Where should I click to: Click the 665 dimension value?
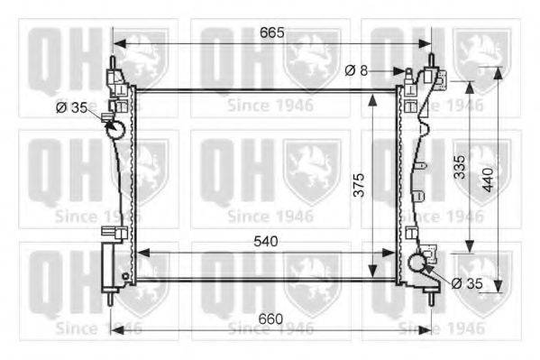[x=272, y=32]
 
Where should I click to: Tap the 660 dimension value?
[x=270, y=319]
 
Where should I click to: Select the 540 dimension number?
[x=266, y=242]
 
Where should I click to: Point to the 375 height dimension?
[x=359, y=185]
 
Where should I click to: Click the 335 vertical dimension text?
[x=460, y=167]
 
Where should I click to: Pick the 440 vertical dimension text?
[x=488, y=180]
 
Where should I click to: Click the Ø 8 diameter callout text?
[x=356, y=70]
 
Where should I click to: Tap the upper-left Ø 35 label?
[x=71, y=107]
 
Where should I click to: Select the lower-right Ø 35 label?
[x=467, y=283]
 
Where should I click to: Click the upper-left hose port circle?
[x=115, y=129]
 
